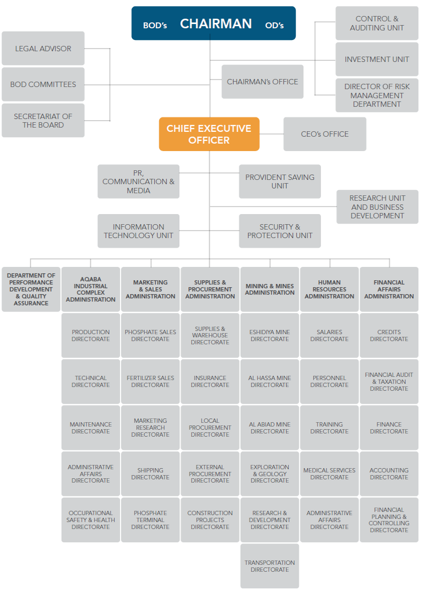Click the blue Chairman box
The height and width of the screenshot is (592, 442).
click(214, 23)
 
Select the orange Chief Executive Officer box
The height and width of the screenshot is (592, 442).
click(209, 134)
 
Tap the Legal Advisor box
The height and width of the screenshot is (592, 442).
click(43, 49)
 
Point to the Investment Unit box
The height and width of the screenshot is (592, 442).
click(376, 59)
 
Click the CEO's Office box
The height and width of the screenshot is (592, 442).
click(325, 134)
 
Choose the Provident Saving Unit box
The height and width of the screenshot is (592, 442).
click(280, 181)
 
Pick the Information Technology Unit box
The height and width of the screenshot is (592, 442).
click(138, 231)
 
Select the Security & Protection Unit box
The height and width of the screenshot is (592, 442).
click(280, 231)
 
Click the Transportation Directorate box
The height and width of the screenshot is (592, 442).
click(270, 566)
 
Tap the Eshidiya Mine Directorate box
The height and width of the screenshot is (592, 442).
click(270, 335)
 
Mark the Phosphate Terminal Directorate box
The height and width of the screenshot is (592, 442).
click(150, 520)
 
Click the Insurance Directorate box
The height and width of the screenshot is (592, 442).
click(210, 381)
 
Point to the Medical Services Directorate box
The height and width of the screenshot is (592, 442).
click(329, 473)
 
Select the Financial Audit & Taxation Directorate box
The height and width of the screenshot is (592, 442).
click(389, 381)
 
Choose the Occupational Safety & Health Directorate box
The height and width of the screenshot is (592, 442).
click(91, 520)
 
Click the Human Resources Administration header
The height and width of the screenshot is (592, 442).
click(329, 289)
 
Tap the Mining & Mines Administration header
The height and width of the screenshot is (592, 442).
click(270, 289)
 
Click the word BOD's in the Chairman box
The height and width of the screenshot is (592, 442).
click(155, 25)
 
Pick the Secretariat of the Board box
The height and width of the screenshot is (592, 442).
click(43, 121)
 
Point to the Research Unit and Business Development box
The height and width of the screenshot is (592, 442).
click(377, 207)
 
